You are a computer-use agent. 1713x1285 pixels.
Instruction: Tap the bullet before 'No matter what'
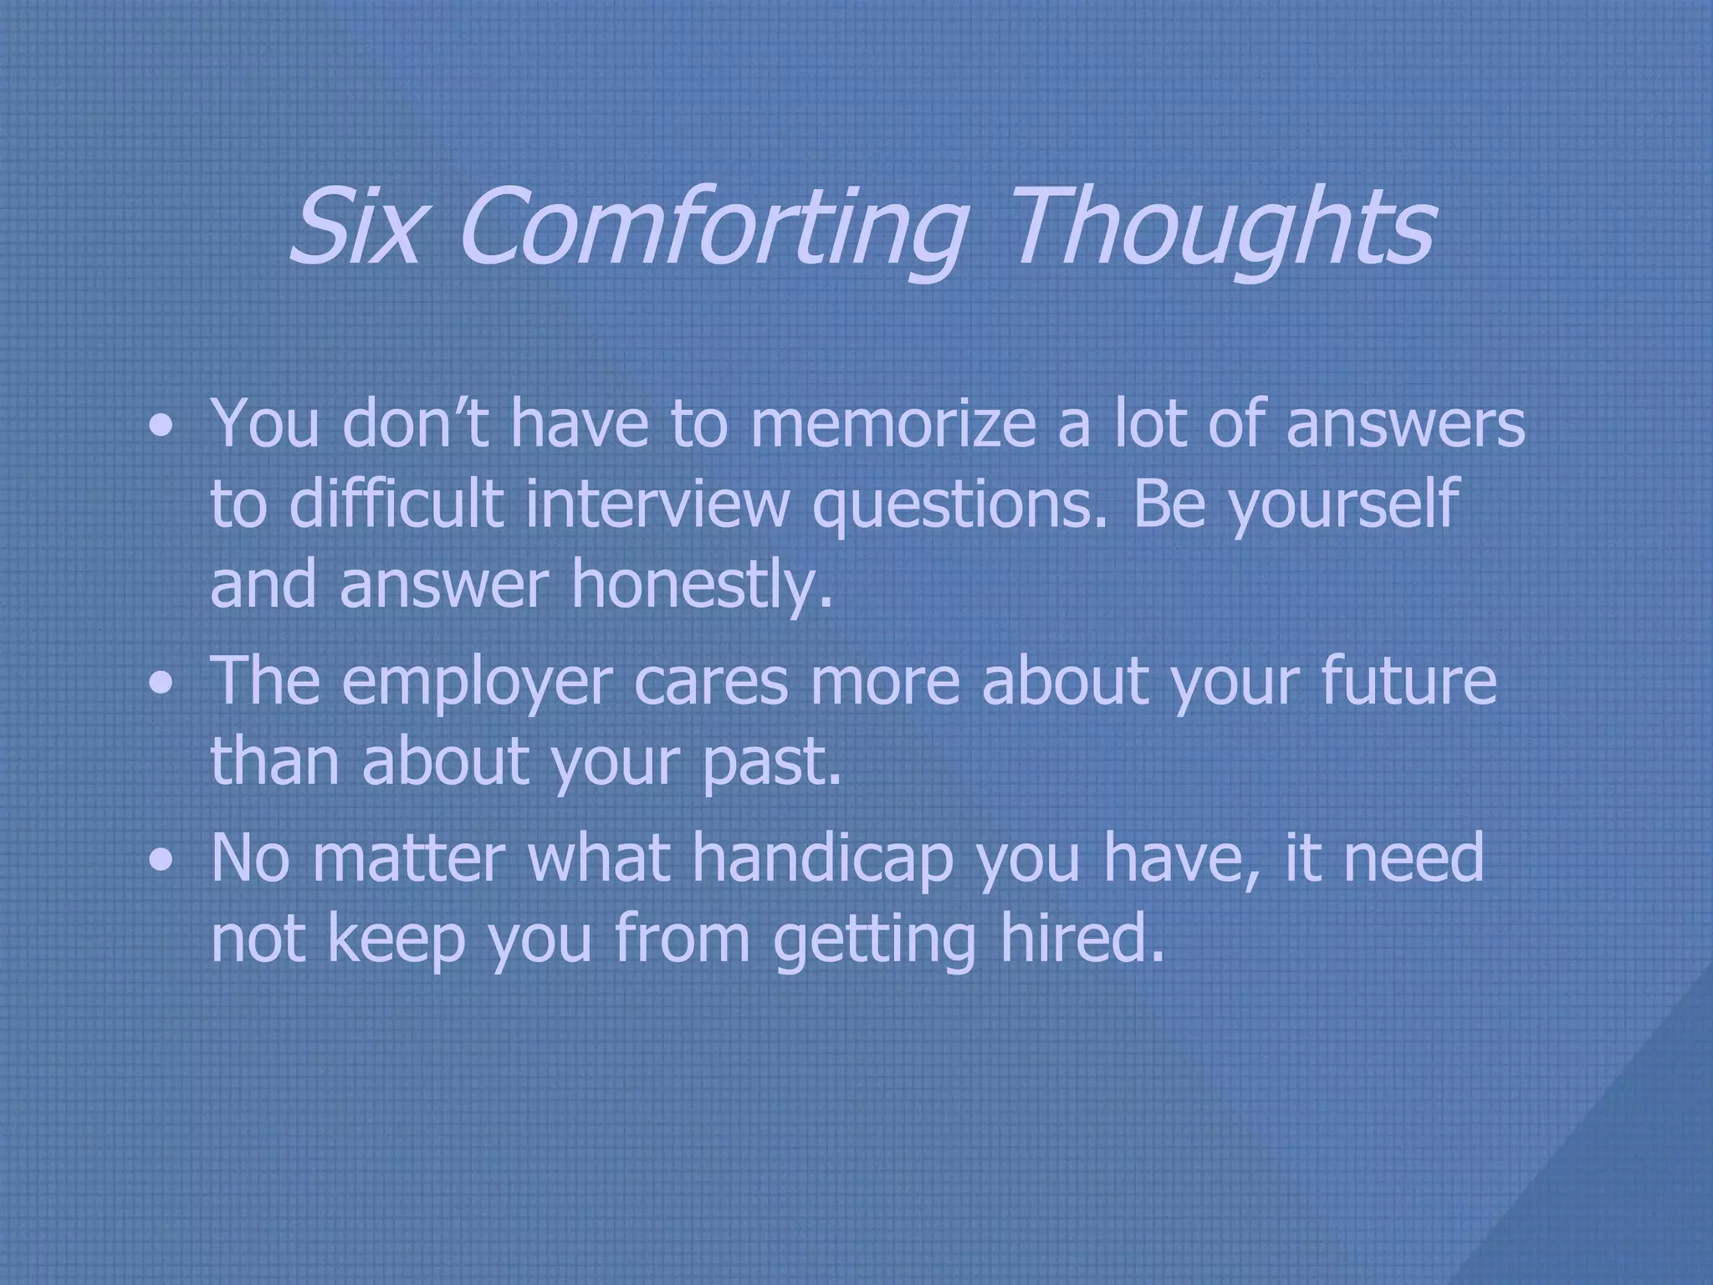(160, 862)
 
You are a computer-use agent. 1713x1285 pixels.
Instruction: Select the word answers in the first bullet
(1404, 422)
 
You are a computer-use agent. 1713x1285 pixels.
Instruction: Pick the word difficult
(396, 504)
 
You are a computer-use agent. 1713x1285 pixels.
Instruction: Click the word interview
(657, 504)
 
